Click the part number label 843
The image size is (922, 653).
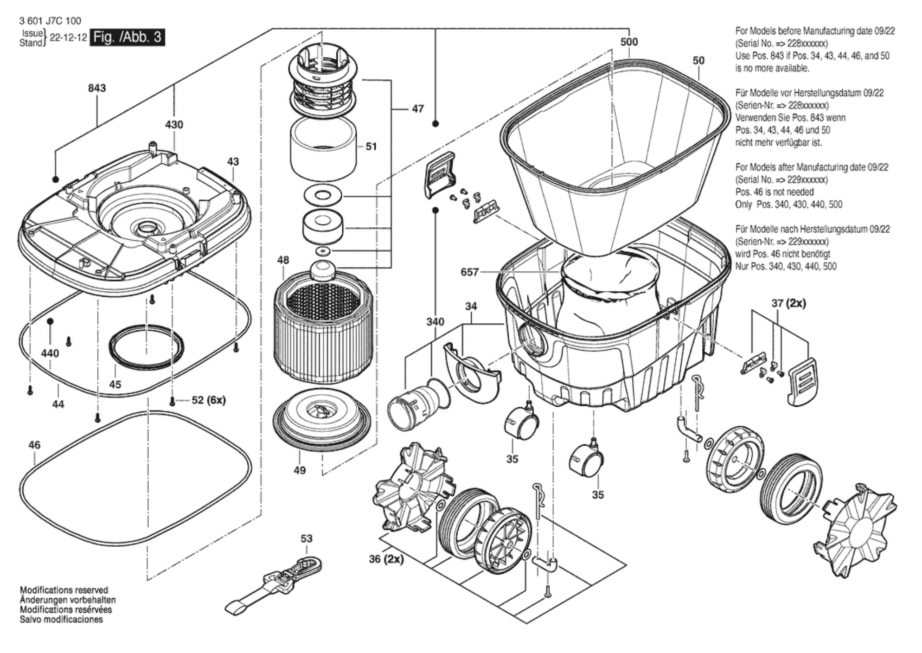click(x=97, y=88)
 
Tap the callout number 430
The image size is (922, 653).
click(x=174, y=124)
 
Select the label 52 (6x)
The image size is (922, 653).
click(x=208, y=400)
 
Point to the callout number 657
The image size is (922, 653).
click(x=469, y=272)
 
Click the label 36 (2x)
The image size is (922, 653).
click(x=386, y=559)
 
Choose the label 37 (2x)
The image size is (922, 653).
click(x=788, y=303)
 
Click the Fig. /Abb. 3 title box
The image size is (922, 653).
click(x=128, y=37)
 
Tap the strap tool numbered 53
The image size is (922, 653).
click(x=274, y=587)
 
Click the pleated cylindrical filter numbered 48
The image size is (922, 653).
click(x=323, y=329)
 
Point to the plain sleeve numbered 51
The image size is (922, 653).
click(x=323, y=148)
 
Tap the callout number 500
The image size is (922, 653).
click(x=629, y=42)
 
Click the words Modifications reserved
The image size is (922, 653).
click(x=64, y=590)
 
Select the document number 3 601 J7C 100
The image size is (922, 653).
click(x=50, y=21)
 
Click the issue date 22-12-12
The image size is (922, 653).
click(x=68, y=38)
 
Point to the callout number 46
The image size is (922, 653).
click(x=34, y=445)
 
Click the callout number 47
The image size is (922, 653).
click(x=417, y=109)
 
